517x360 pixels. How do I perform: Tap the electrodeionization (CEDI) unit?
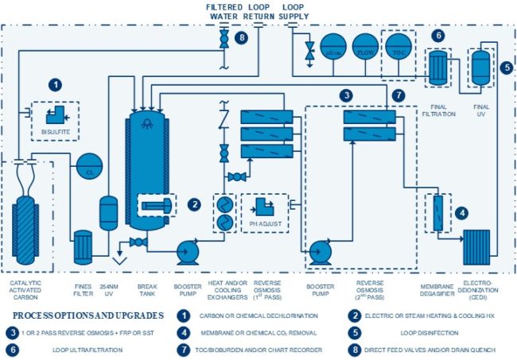coord(478,247)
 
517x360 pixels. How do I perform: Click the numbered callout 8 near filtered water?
coord(242,37)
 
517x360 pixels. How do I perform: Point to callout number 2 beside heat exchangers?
coord(193,204)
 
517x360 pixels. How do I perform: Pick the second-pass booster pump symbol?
coord(321,251)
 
